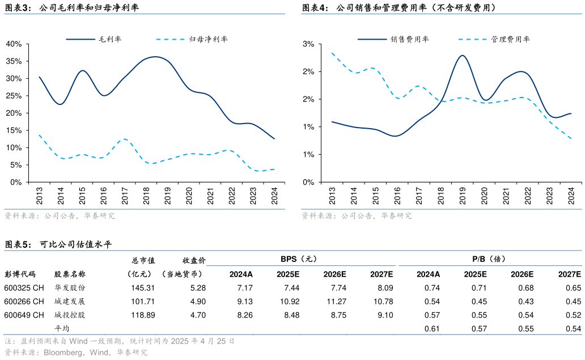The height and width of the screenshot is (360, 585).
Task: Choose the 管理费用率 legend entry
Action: click(x=510, y=39)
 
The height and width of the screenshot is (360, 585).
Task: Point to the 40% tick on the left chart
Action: click(x=14, y=44)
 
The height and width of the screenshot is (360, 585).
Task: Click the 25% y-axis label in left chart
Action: click(x=14, y=95)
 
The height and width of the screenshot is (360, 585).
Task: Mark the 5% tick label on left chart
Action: click(x=15, y=165)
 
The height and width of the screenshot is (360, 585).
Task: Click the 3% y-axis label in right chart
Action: click(x=309, y=44)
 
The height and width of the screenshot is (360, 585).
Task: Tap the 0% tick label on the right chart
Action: click(x=309, y=182)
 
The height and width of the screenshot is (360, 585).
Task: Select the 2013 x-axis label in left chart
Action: click(x=40, y=196)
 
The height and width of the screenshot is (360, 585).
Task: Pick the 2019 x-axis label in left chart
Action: click(x=168, y=196)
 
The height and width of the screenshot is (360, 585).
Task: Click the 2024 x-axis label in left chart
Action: click(x=274, y=196)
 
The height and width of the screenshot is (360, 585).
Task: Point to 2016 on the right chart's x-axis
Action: click(x=397, y=196)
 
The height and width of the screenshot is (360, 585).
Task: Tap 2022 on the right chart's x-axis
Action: click(x=528, y=196)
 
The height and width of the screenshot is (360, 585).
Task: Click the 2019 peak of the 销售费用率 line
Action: click(x=463, y=56)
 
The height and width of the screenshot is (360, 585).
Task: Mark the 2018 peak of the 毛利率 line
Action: click(x=155, y=57)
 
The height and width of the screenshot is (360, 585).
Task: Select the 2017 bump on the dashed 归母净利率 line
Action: click(x=124, y=139)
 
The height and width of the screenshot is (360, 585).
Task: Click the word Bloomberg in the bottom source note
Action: click(x=64, y=352)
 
